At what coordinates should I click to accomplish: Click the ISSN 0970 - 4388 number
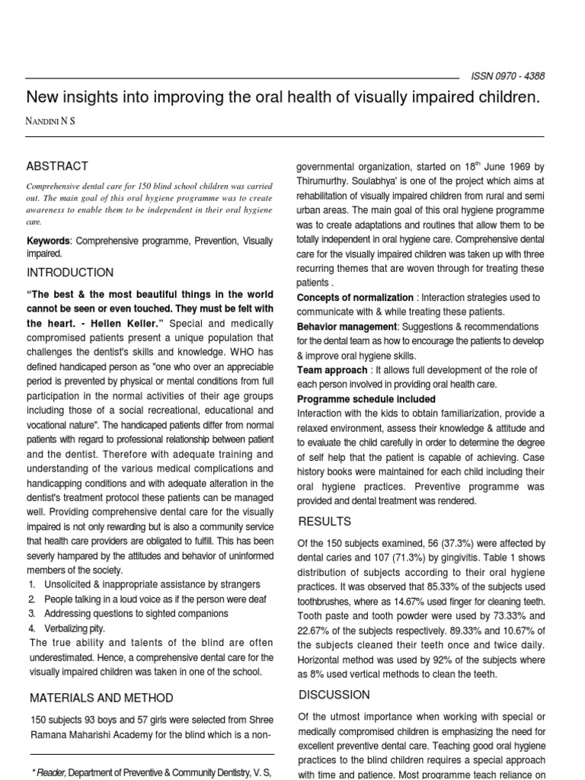click(504, 76)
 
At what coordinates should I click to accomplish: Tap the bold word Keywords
click(47, 241)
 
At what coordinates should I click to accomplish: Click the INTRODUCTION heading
click(70, 273)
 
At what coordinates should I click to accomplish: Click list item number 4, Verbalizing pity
click(75, 628)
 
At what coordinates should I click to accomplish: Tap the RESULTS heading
click(324, 522)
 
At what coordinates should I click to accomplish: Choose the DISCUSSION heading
click(334, 695)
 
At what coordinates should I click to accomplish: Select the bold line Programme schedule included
click(366, 399)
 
